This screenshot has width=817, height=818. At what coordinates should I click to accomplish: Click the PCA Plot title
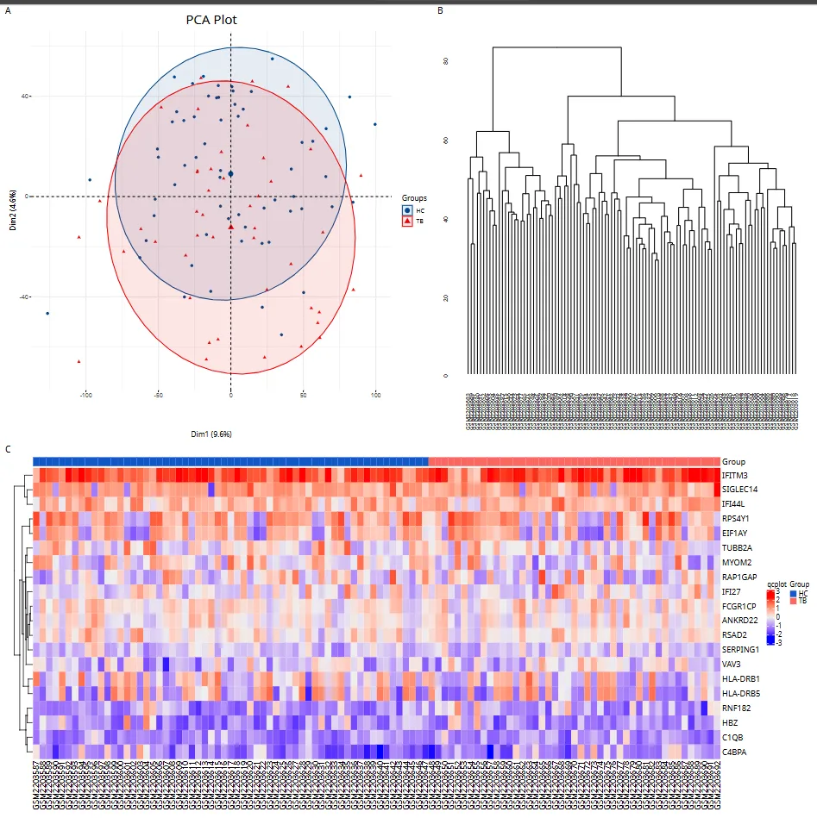(211, 19)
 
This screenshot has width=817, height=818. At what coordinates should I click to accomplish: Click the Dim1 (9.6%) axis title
(211, 433)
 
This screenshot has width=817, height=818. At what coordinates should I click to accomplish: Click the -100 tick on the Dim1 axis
(85, 395)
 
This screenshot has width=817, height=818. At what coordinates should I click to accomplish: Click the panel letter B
(441, 10)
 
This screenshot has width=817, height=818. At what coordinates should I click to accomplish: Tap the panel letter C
(9, 449)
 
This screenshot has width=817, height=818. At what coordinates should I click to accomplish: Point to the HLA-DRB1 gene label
(741, 678)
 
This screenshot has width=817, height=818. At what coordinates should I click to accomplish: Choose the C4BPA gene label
(736, 752)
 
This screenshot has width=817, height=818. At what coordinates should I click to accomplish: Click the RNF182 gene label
(737, 708)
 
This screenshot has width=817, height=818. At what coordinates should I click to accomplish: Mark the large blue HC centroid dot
(231, 174)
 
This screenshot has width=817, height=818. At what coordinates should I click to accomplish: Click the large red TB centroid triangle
(231, 227)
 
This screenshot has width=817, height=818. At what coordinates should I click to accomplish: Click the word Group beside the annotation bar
(733, 462)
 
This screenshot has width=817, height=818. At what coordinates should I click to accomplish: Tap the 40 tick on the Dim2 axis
(25, 96)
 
